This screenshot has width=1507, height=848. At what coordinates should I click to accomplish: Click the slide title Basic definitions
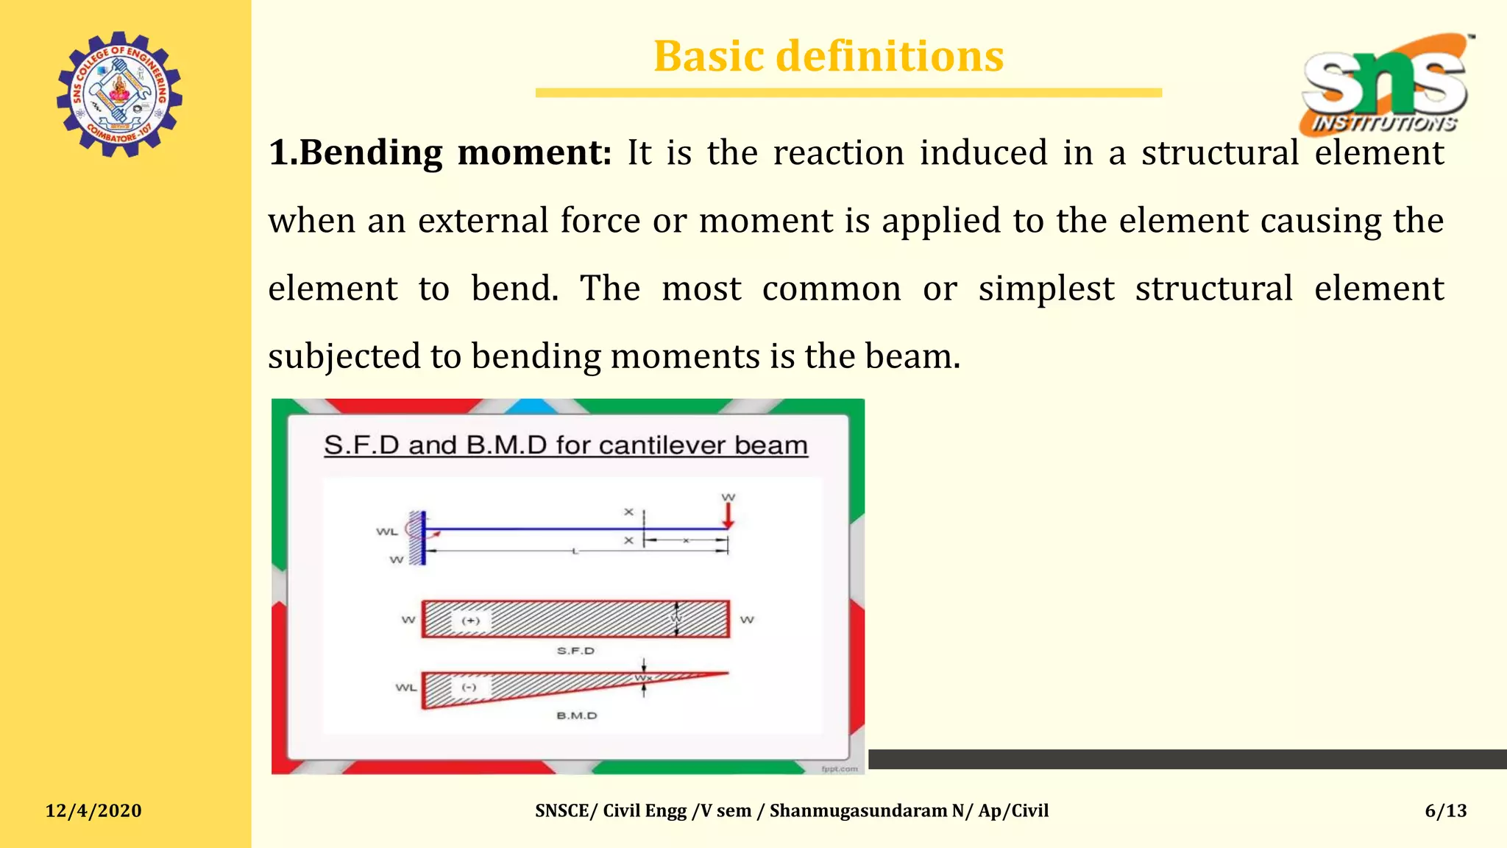[x=829, y=57]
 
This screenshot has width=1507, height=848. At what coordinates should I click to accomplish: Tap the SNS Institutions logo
[x=1386, y=85]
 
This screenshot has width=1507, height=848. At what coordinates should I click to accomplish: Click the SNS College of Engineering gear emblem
[x=119, y=94]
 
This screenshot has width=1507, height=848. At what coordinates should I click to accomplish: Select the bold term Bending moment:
[x=440, y=153]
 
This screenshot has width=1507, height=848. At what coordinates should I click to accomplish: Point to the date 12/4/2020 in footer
[x=93, y=810]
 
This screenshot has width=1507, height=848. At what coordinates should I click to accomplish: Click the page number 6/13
[x=1445, y=810]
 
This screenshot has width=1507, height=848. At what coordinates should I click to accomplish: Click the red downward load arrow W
[x=728, y=515]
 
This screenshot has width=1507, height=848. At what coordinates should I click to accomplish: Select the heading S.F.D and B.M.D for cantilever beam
[x=565, y=445]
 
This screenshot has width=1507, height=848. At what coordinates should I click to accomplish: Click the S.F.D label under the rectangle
[x=575, y=651]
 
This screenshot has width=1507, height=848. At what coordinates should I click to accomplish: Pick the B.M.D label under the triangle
[x=577, y=715]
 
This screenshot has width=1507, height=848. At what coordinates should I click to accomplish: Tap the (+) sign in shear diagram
[x=470, y=621]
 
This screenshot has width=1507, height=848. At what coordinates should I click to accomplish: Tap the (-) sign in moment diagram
[x=469, y=688]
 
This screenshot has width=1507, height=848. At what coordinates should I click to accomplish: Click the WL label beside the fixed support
[x=387, y=531]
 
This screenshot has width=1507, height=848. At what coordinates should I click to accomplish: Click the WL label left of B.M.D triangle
[x=406, y=688]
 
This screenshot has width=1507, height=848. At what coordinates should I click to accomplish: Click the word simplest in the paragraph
[x=1046, y=289]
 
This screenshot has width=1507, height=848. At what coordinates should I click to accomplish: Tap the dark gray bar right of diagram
[x=1187, y=759]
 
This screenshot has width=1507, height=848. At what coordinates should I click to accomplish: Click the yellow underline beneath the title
[x=848, y=93]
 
